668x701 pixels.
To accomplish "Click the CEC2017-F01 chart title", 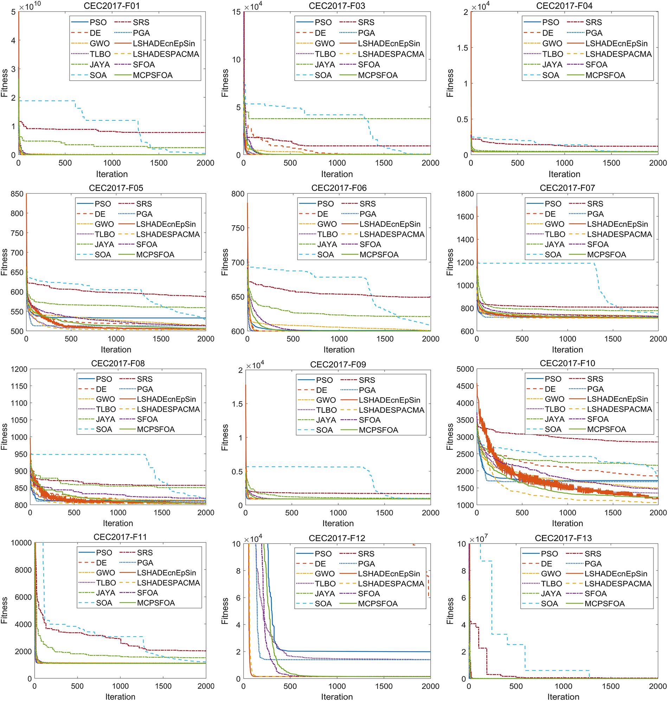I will (x=111, y=6).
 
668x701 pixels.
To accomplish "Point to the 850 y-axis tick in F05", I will (x=17, y=194).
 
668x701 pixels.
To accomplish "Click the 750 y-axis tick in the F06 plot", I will (x=238, y=228).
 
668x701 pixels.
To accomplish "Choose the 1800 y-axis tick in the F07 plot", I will (x=465, y=194).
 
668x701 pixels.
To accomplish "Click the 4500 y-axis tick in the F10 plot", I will (x=465, y=386).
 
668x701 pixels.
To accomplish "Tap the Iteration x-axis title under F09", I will (x=338, y=523).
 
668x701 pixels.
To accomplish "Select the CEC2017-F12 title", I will (x=337, y=538).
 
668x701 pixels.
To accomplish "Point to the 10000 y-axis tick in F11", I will (x=21, y=543).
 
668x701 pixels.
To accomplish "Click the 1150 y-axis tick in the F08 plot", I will (x=19, y=386).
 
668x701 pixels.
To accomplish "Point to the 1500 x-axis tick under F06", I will (x=385, y=339).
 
